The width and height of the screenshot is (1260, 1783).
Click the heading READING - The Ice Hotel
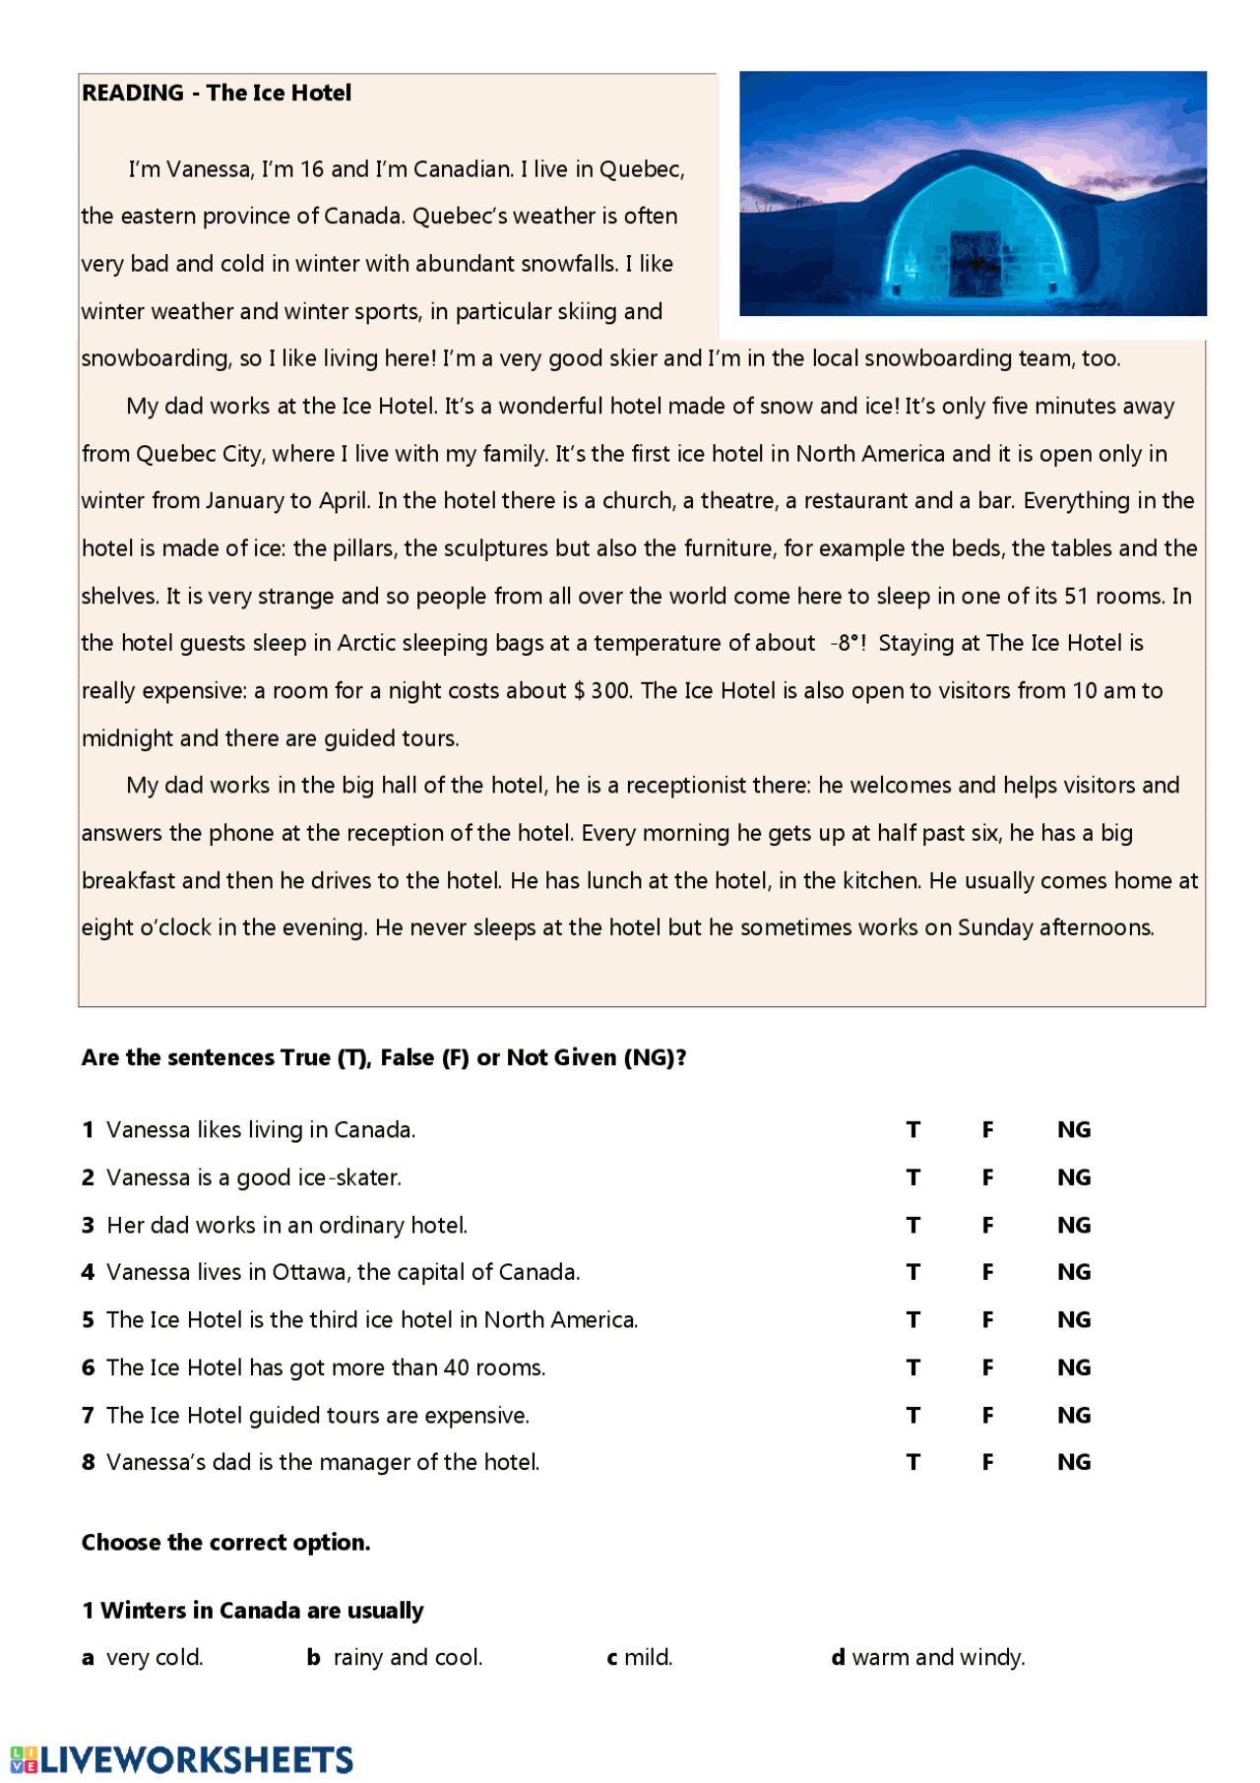coord(217,94)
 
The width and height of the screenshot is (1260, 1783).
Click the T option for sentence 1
coord(913,1130)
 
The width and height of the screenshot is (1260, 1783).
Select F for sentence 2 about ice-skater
coord(987,1178)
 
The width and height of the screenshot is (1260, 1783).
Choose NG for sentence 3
coord(1073,1226)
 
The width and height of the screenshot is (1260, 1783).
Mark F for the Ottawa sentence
coord(987,1273)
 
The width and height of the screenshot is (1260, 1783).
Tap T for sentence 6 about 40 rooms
coord(913,1368)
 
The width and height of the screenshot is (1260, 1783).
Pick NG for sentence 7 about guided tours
coord(1073,1416)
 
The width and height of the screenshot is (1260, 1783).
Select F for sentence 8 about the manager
coord(987,1463)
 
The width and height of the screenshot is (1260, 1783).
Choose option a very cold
coord(143,1658)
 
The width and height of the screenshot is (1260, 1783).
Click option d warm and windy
coord(928,1658)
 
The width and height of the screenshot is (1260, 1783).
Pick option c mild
coord(640,1658)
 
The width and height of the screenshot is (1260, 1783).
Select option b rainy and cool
coord(395,1658)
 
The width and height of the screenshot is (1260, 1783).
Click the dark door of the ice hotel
coord(974,263)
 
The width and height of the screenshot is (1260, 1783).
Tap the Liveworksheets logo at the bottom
coord(182,1759)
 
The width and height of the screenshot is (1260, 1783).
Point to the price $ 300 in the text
coord(601,691)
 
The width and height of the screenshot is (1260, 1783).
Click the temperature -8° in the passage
coord(848,644)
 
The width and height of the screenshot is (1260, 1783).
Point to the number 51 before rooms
coord(1078,597)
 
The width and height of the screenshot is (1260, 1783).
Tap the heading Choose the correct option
coord(225,1543)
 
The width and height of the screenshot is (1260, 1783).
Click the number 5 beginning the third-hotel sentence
coord(88,1320)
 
